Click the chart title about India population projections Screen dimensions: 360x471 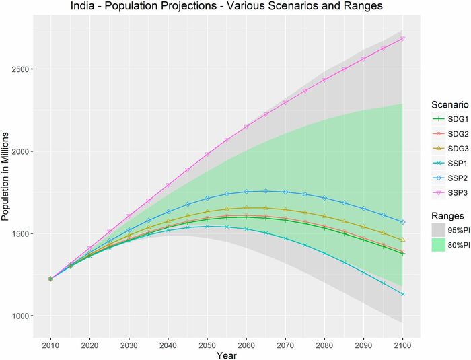click(229, 7)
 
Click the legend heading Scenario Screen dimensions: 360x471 click(449, 105)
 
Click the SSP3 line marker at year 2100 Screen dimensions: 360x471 click(403, 38)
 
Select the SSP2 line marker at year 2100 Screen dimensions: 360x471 click(403, 222)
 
